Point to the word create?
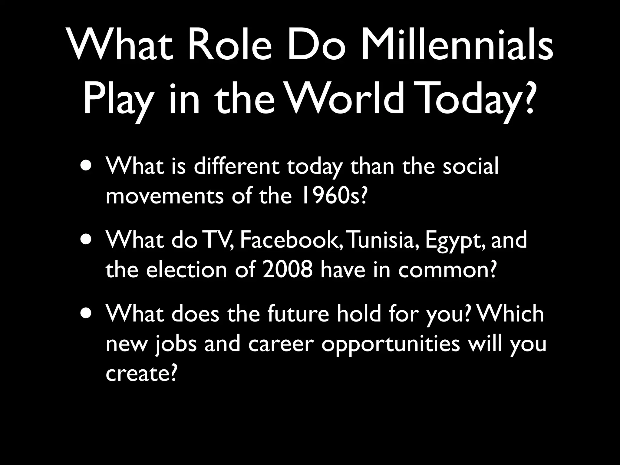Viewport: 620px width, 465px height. point(141,374)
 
